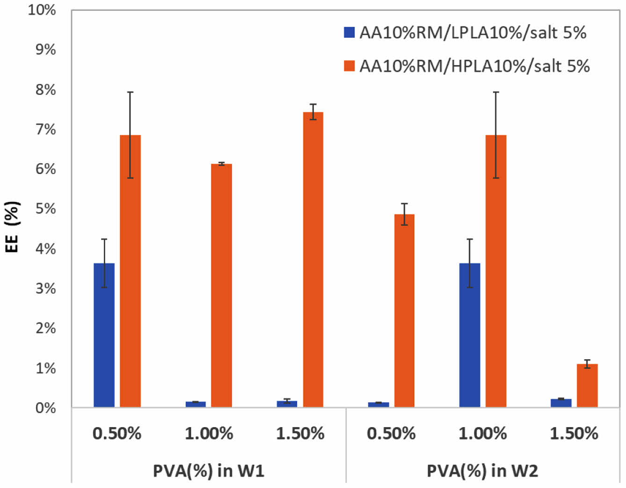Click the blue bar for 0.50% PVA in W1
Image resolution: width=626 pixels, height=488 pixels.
coord(104,335)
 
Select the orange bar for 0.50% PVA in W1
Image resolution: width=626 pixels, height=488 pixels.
coord(130,271)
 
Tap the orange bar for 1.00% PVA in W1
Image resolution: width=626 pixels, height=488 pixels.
coord(221,285)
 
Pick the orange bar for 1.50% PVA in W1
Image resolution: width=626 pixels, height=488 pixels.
coord(313,260)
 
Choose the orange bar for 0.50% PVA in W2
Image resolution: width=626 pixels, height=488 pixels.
coord(404,311)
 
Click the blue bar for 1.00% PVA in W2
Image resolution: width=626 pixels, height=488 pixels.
coord(469,335)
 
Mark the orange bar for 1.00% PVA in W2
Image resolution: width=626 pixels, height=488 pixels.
coord(496,271)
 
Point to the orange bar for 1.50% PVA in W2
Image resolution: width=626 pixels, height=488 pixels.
coord(587,386)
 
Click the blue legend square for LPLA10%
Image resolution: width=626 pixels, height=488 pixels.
coord(349,32)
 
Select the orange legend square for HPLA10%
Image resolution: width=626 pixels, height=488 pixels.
coord(349,66)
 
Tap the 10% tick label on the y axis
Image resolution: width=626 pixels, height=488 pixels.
coord(42,10)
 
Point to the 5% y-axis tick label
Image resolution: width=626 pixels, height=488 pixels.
coord(45,209)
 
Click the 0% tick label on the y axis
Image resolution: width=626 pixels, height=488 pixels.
coord(45,408)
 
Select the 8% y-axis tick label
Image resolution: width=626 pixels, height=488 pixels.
coord(45,89)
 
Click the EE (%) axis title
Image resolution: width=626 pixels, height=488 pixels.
coord(13,227)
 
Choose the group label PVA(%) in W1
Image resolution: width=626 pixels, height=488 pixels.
coord(209,470)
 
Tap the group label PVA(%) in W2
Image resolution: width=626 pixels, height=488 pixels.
coord(482,470)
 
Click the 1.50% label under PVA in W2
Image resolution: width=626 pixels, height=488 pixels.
coord(574,434)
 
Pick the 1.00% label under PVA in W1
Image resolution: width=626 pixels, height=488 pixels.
coord(209,434)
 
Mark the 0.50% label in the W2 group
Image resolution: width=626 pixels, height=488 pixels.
coord(391,434)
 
